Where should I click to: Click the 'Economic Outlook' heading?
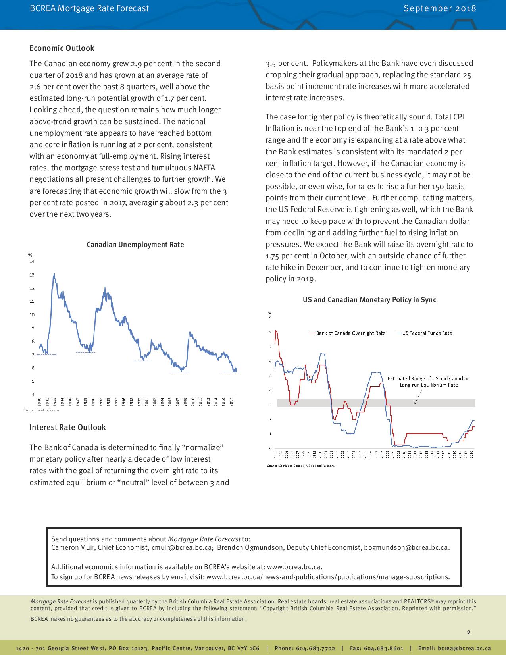pos(62,48)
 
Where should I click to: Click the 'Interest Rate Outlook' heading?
pos(67,427)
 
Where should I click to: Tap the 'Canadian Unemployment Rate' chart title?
pos(135,245)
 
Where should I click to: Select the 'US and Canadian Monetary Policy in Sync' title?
pos(369,300)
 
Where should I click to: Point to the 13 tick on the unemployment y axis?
pos(32,275)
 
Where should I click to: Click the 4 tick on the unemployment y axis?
pos(32,394)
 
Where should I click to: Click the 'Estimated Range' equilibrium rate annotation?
pos(428,381)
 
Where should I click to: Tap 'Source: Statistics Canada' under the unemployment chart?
pos(42,410)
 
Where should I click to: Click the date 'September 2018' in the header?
pos(440,8)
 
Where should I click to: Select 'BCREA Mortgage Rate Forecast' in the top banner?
pos(89,8)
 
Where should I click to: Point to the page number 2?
pos(469,632)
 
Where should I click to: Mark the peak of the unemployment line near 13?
pos(54,273)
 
